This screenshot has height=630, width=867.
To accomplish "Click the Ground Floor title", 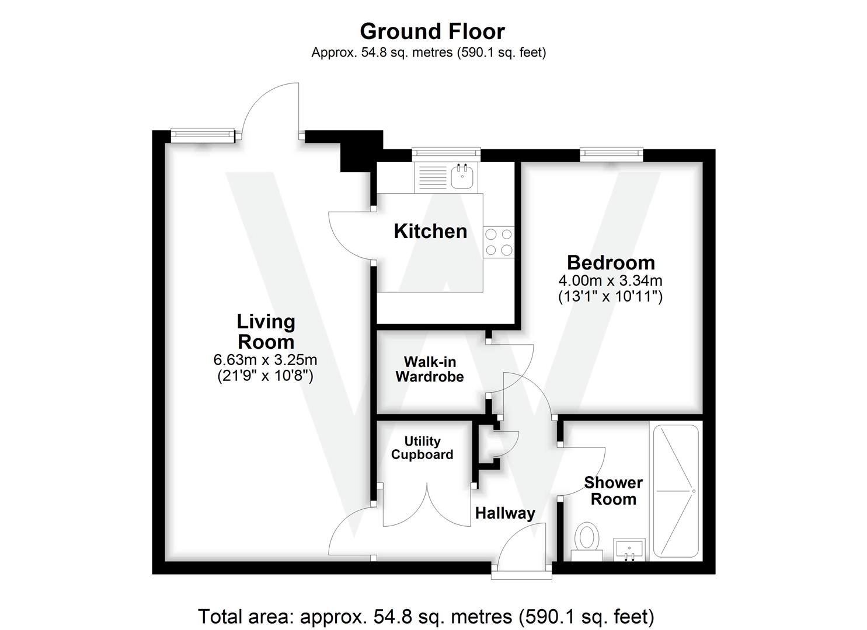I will (x=432, y=31).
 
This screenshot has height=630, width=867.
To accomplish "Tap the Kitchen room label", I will (x=430, y=231).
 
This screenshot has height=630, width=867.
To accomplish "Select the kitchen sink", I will (x=463, y=177).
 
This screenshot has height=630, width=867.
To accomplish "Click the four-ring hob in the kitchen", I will (x=499, y=242).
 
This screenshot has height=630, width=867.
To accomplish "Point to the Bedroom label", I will (x=610, y=262).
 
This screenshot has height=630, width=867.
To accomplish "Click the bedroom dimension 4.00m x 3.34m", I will (x=610, y=281).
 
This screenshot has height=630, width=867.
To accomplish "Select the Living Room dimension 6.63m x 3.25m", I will (x=266, y=360).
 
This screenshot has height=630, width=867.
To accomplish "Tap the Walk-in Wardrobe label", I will (x=430, y=369).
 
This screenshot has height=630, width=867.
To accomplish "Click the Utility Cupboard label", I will (x=422, y=448).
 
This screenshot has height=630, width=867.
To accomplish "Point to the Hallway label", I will (x=505, y=513).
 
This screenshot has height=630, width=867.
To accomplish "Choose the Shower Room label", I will (x=613, y=491).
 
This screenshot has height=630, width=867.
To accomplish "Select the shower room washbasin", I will (x=629, y=549).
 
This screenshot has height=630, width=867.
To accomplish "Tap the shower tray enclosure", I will (x=676, y=491).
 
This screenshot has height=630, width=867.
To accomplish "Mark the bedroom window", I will (x=611, y=155).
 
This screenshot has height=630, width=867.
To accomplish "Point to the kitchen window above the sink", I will (x=446, y=155).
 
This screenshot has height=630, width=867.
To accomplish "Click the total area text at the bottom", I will (x=426, y=616).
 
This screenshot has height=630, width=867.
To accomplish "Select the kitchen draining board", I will (x=432, y=177).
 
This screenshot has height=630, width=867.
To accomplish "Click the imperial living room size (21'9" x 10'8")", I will (x=266, y=376).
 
